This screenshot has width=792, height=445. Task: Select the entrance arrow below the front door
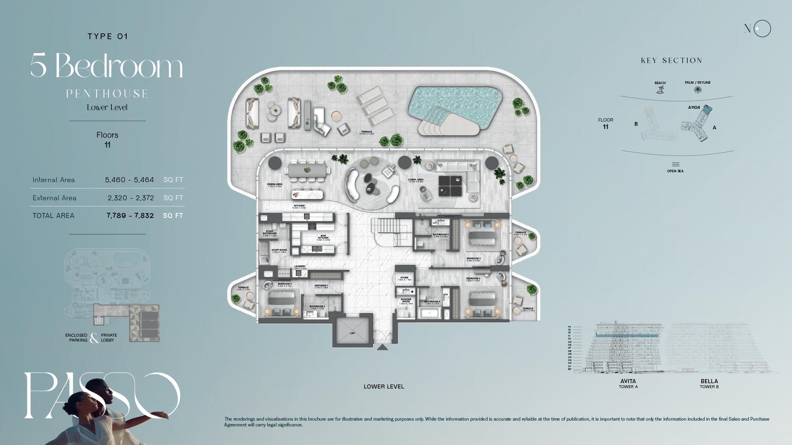[382, 347]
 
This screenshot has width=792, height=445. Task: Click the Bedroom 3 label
[473, 259]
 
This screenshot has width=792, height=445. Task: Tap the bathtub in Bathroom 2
[429, 314]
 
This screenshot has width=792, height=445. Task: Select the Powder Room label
[406, 301]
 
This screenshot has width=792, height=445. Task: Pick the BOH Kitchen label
[323, 237]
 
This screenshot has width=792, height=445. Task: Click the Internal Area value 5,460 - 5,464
[129, 180]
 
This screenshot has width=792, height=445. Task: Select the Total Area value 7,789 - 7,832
[130, 215]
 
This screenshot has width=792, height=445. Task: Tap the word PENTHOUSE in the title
[107, 94]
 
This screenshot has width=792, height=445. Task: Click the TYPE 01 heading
[108, 36]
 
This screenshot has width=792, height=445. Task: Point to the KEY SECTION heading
[672, 61]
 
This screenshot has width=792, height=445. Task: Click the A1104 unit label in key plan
[694, 108]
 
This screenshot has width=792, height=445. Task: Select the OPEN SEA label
[675, 171]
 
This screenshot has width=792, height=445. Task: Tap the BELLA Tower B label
[709, 383]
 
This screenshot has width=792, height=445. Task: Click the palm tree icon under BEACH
[660, 89]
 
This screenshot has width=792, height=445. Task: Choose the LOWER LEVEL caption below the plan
[384, 386]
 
